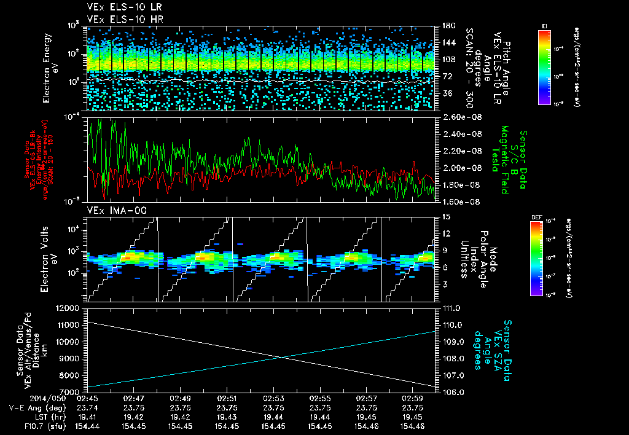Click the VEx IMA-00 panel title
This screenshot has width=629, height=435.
[109, 210]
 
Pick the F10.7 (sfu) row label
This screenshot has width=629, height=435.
[39, 426]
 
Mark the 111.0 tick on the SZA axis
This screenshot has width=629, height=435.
[451, 308]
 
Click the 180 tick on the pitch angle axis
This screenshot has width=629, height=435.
[448, 26]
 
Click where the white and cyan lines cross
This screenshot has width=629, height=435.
[282, 358]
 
